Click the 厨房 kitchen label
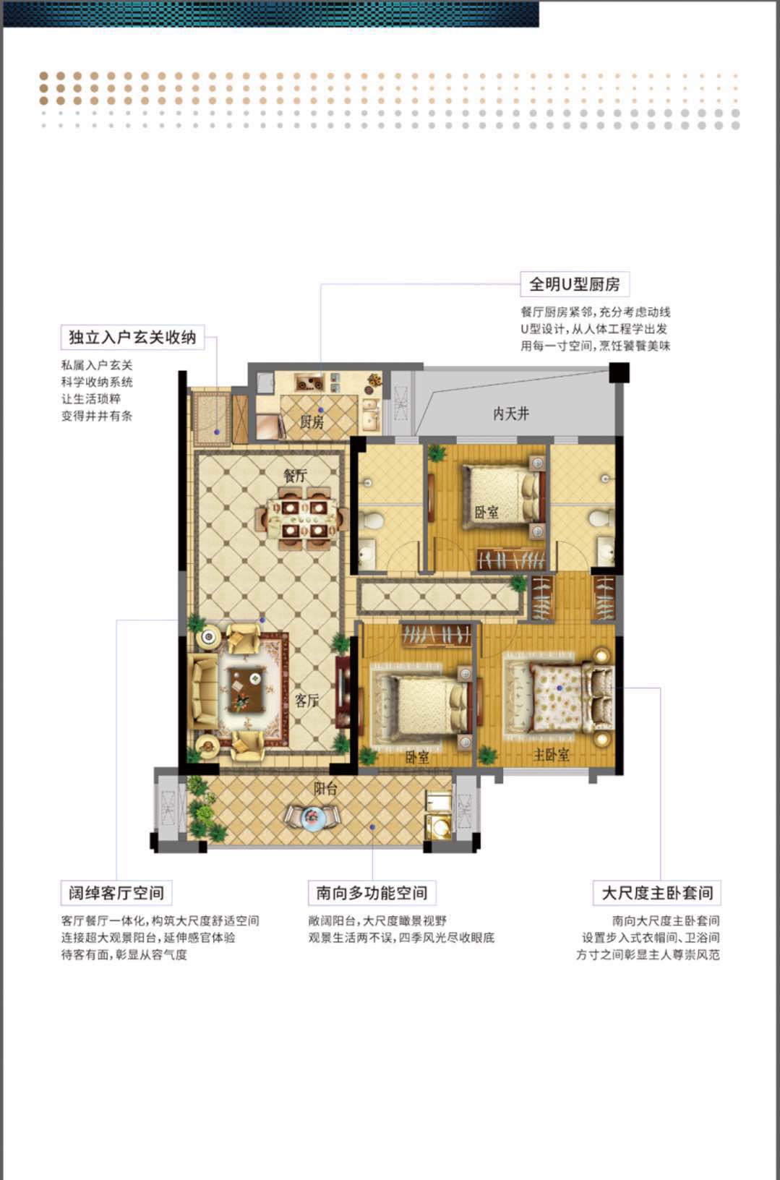312,422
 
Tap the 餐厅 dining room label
295,475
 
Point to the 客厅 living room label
307,700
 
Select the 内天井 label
511,414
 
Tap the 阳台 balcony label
325,789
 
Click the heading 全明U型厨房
575,284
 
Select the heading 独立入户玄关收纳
132,337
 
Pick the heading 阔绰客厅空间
116,893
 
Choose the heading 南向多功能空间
372,893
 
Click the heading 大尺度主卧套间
657,893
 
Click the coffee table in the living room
247,689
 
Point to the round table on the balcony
314,817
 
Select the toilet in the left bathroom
373,520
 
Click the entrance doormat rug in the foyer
213,419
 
